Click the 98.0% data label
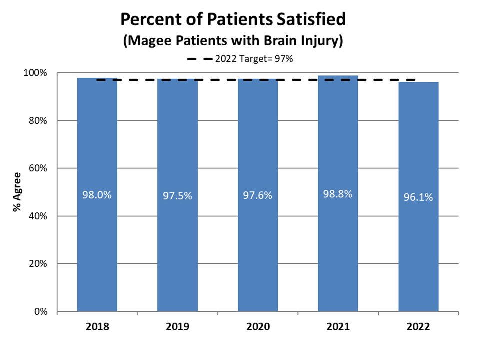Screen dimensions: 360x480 [x=97, y=195]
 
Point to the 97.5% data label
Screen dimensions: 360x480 [x=177, y=196]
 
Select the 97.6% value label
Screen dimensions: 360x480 [x=258, y=196]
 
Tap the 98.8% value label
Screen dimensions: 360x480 [x=338, y=194]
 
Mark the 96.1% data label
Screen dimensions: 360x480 [x=418, y=197]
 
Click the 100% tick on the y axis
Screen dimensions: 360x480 [x=36, y=73]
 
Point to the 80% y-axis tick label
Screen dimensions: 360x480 [x=38, y=121]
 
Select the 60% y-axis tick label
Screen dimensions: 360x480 [x=38, y=168]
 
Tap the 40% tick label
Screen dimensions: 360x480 [x=38, y=216]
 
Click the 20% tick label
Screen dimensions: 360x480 [x=38, y=264]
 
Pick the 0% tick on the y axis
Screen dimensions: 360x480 [x=40, y=312]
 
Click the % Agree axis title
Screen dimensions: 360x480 [x=17, y=192]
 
